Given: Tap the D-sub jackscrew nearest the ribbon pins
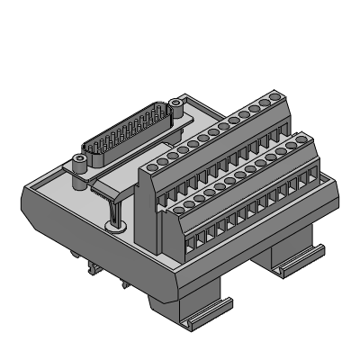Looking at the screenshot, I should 80,163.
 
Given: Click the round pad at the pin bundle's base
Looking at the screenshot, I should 114,225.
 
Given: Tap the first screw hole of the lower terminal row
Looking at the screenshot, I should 174,205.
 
